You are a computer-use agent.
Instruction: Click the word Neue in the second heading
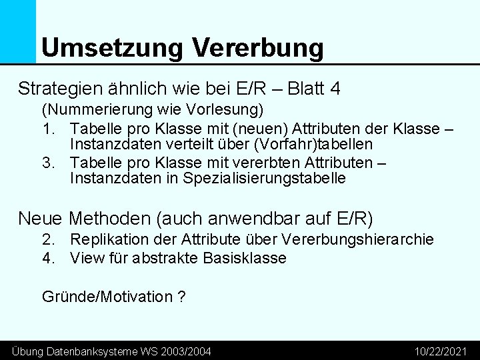tap(41, 218)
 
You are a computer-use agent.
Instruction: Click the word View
tap(86, 258)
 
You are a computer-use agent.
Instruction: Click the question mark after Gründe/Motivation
tap(181, 296)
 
